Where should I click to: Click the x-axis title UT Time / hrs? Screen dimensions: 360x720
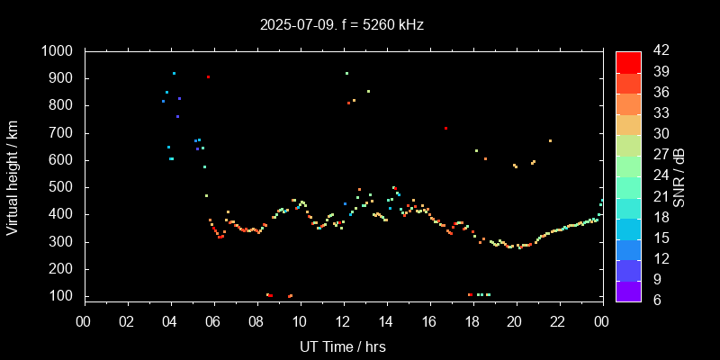[343, 346]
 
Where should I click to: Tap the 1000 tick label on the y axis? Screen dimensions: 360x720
[58, 51]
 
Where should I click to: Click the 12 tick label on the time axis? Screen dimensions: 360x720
[343, 321]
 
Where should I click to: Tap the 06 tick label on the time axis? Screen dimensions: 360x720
[213, 321]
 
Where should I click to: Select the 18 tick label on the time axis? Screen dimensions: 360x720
[472, 321]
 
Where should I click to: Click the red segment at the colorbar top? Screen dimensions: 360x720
[628, 61]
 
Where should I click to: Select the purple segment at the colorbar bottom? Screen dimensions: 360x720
[628, 290]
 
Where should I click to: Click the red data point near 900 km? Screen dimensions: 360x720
[208, 77]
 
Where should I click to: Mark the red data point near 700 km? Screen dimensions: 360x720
[445, 128]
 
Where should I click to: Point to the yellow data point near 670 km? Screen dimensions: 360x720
[550, 140]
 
